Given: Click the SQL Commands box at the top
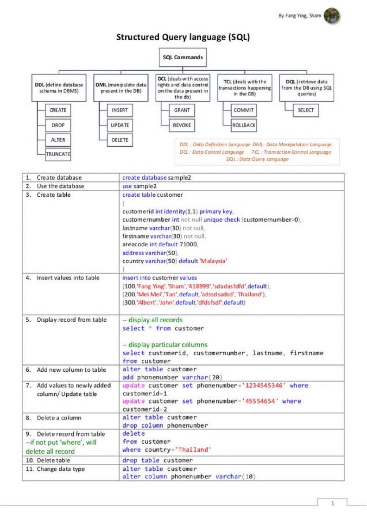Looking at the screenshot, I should (x=183, y=57).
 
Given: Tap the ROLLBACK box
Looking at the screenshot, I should (x=244, y=125).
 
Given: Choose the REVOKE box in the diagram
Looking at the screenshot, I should (x=182, y=125).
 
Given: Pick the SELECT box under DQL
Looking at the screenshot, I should (x=306, y=110).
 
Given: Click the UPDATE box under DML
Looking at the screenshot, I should (x=120, y=125).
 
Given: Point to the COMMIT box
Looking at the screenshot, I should (x=244, y=110).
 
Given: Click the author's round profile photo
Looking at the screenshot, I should (x=332, y=15).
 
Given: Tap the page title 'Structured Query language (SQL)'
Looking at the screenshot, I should (x=183, y=37).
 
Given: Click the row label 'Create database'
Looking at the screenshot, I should (x=59, y=177).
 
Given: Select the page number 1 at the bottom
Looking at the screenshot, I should (x=332, y=503).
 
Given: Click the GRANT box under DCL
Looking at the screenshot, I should (x=182, y=110).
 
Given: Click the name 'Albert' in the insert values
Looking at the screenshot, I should (x=145, y=303).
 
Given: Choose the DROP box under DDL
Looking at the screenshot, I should (x=58, y=125).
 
